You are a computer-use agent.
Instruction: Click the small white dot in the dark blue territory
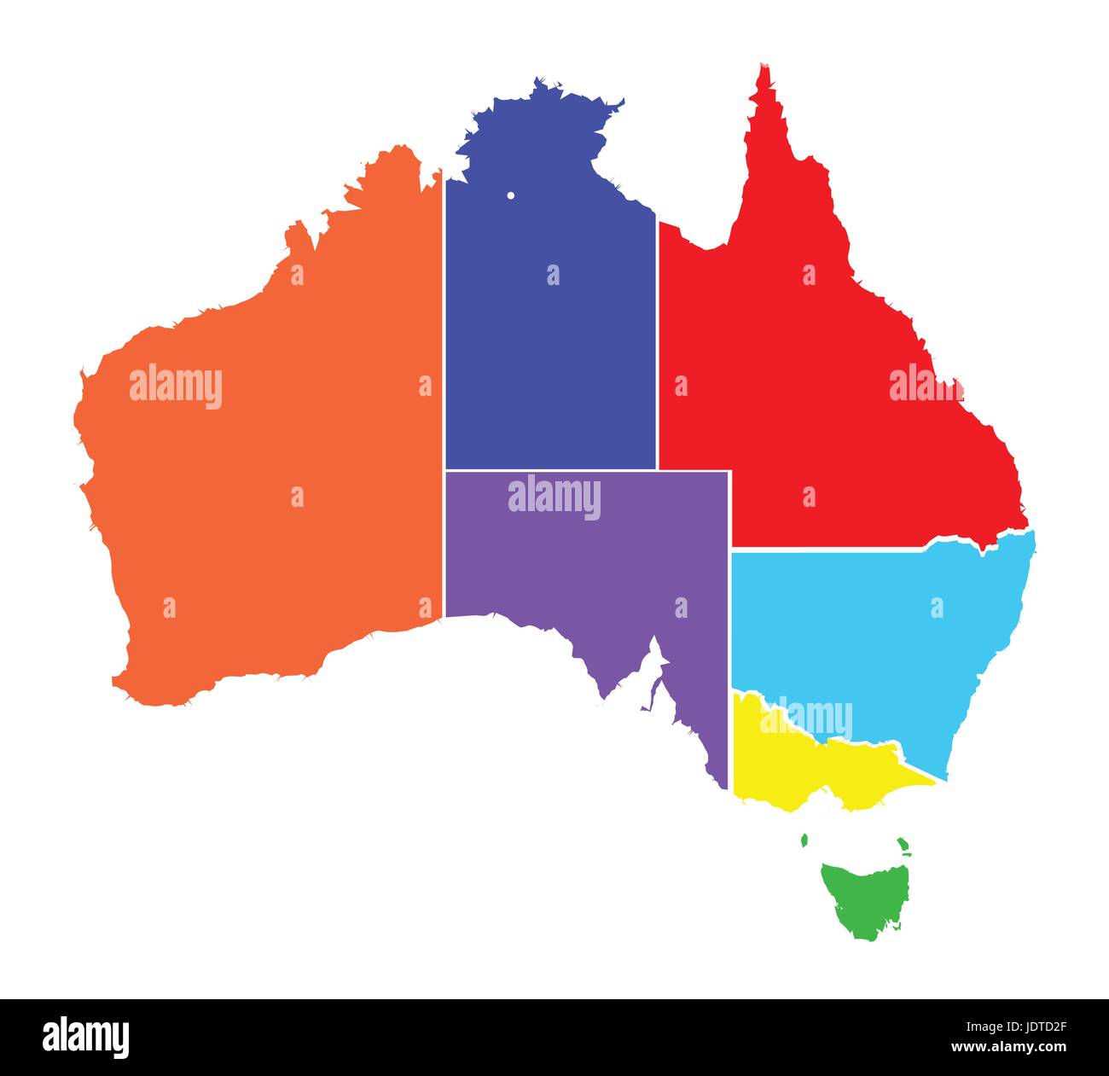pos(510,195)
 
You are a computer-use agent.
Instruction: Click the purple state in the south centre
pos(589,563)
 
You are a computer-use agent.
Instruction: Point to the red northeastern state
pos(819,358)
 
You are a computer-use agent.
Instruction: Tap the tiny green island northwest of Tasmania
pos(804,840)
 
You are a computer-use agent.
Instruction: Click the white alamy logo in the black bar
pos(86,1037)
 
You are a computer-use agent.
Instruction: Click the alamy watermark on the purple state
pos(554,498)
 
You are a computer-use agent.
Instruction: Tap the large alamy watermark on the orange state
pos(176,387)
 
